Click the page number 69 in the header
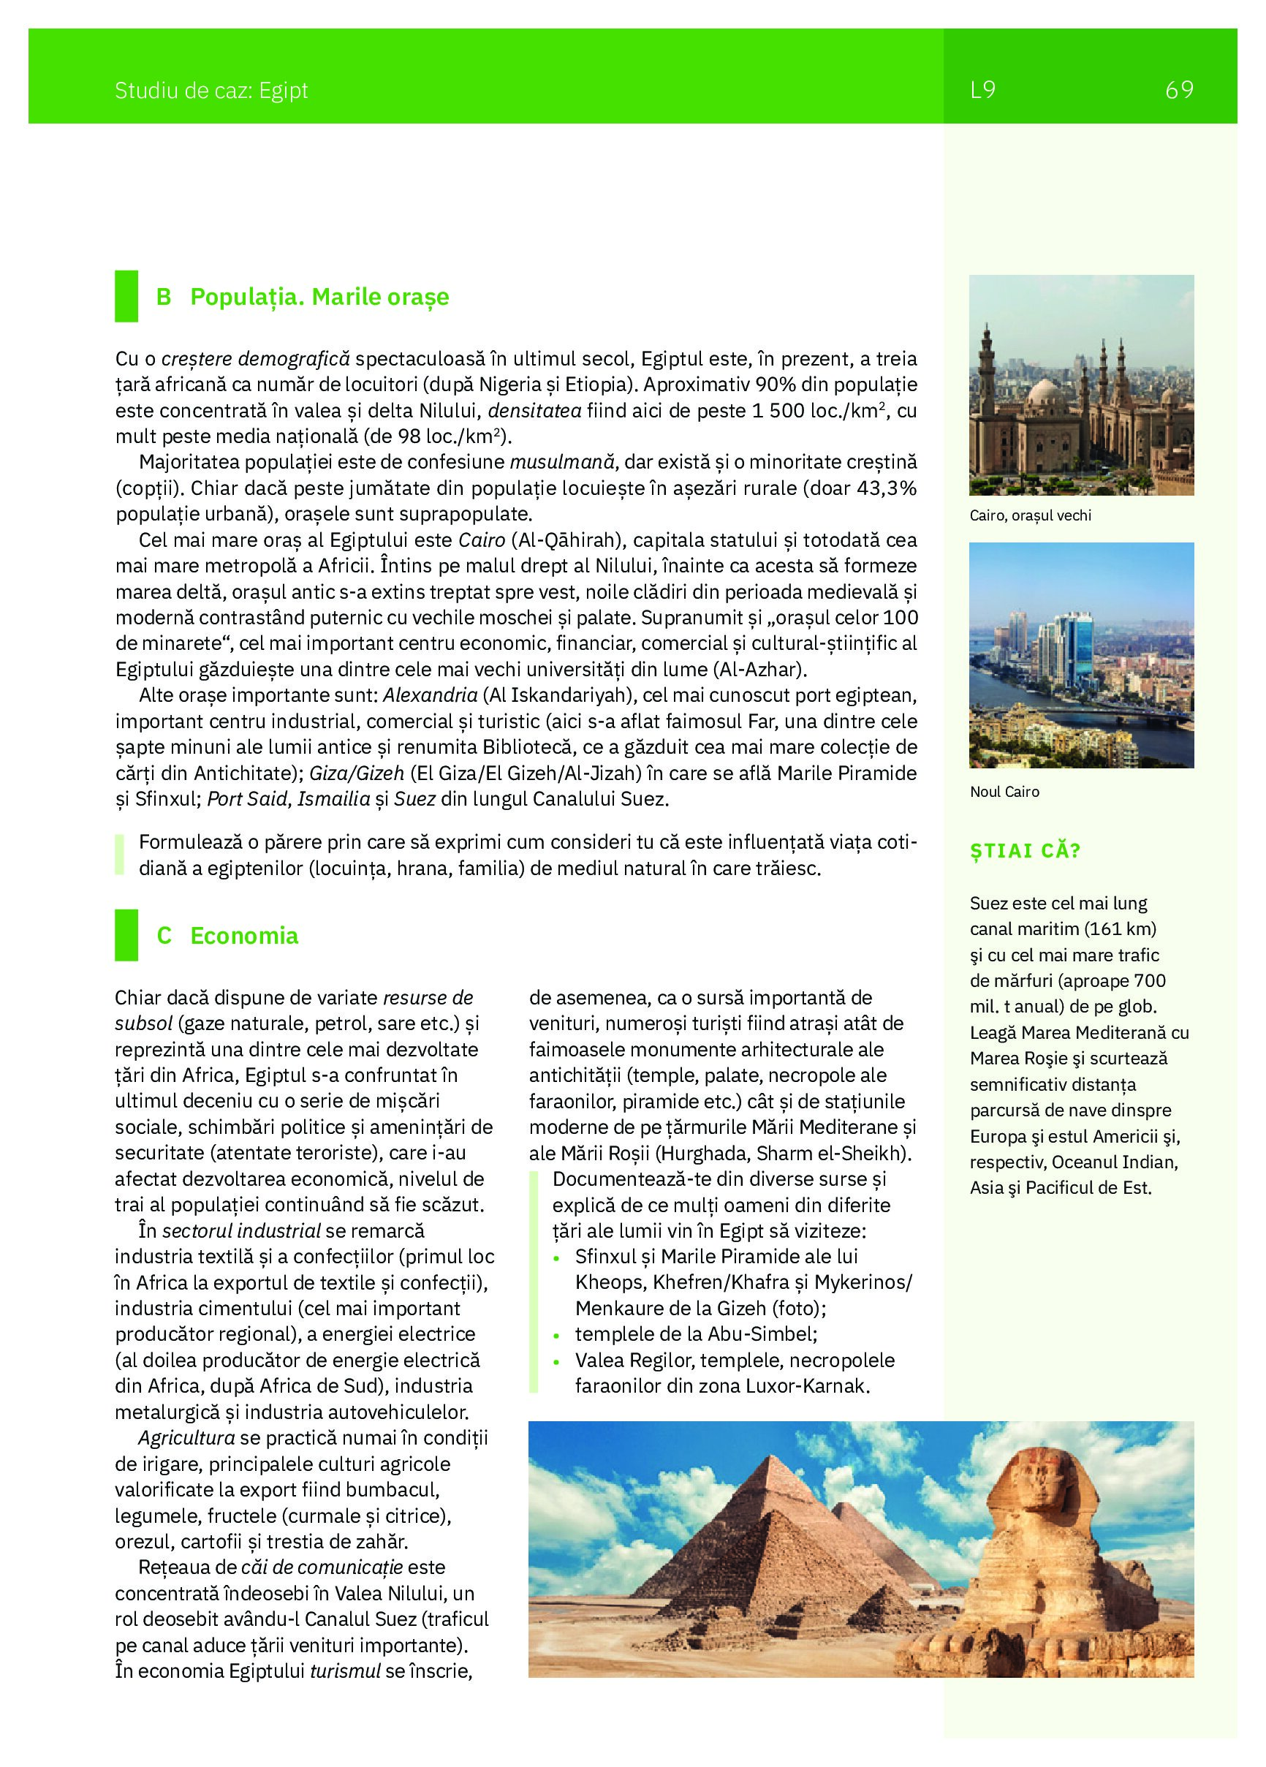point(1179,91)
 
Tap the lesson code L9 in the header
point(982,91)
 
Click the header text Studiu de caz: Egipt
point(211,91)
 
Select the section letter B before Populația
point(164,297)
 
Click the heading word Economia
point(244,936)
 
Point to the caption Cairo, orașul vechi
point(1031,515)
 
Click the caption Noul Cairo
point(1004,792)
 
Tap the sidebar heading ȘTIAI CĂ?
point(1026,850)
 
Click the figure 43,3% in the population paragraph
point(884,488)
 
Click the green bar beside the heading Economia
point(126,935)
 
